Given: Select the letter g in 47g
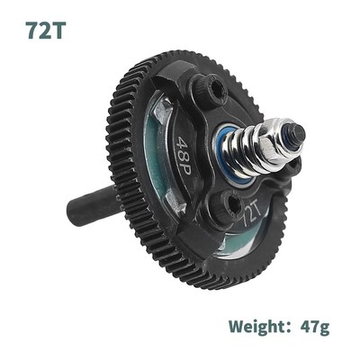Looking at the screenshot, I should [324, 327].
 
